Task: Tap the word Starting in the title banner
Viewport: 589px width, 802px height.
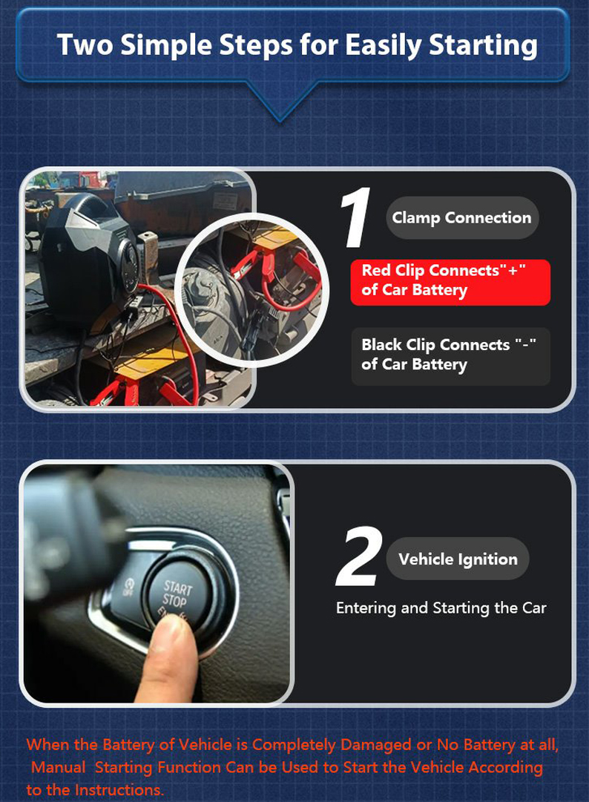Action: pyautogui.click(x=484, y=46)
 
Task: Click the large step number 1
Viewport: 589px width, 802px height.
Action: pyautogui.click(x=356, y=217)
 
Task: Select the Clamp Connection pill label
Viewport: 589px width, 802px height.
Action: pyautogui.click(x=461, y=218)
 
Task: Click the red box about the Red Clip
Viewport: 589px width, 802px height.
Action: pyautogui.click(x=450, y=282)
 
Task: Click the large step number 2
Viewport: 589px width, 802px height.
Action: pyautogui.click(x=360, y=556)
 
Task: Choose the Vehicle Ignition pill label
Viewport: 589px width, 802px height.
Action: pyautogui.click(x=458, y=559)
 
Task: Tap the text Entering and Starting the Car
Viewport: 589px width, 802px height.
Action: pyautogui.click(x=441, y=608)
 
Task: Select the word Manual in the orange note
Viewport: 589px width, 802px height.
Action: pyautogui.click(x=59, y=767)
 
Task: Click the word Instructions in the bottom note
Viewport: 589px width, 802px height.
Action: pyautogui.click(x=119, y=789)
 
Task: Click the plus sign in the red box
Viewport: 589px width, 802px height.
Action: pyautogui.click(x=513, y=269)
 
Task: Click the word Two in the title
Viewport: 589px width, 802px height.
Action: pyautogui.click(x=85, y=45)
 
